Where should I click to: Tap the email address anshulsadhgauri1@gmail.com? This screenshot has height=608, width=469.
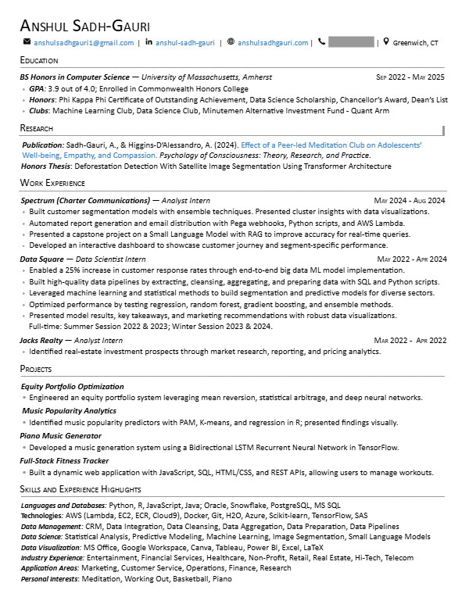[84, 42]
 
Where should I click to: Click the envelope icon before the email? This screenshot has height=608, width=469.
[27, 42]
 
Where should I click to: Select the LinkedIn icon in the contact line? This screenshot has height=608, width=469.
[149, 42]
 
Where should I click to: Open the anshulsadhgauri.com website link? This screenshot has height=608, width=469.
[273, 42]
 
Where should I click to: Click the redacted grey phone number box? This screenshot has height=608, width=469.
[351, 42]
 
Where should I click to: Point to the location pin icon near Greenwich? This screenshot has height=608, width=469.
[385, 42]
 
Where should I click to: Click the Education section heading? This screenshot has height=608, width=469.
[39, 60]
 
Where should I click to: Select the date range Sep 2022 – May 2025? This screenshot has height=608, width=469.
[410, 77]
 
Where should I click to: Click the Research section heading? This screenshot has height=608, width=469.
[38, 128]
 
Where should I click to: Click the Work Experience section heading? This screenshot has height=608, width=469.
[52, 184]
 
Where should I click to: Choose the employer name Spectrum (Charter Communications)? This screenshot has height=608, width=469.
[85, 201]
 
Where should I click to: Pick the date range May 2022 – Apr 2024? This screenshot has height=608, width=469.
[411, 259]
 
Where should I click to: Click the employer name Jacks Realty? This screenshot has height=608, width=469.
[41, 341]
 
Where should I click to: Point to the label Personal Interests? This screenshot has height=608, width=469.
[50, 579]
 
